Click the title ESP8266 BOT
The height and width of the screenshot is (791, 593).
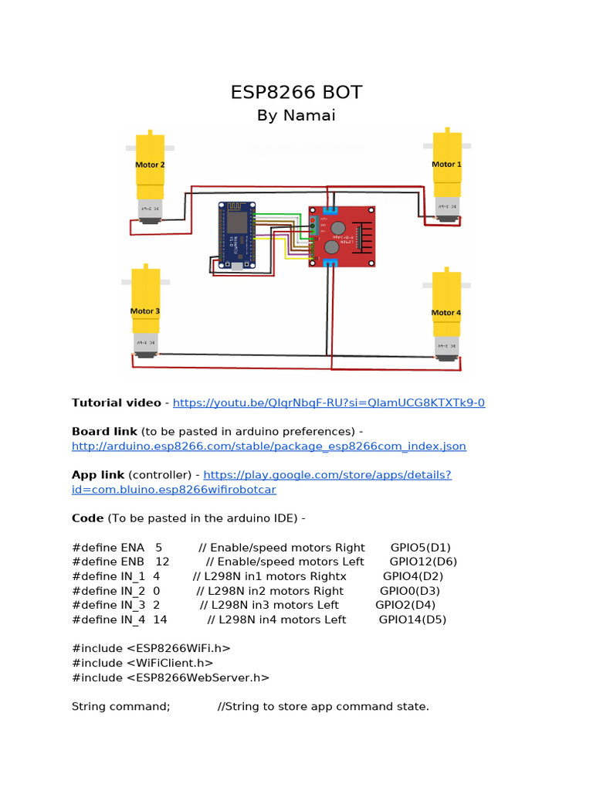click(296, 93)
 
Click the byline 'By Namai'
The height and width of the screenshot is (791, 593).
click(296, 116)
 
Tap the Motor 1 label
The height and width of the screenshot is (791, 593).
click(446, 165)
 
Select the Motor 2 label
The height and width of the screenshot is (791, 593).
click(150, 165)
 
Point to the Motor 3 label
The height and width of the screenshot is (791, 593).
click(145, 311)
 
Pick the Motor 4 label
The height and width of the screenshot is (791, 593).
click(446, 313)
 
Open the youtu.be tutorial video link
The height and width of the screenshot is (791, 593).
click(329, 402)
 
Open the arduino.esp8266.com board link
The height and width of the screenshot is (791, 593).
click(269, 446)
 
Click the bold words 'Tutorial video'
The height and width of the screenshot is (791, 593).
click(117, 402)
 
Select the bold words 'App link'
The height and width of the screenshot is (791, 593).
click(98, 475)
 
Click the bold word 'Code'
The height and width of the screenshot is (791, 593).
click(87, 518)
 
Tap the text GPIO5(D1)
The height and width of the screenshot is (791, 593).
click(420, 547)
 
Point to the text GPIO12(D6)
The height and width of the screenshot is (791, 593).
click(423, 562)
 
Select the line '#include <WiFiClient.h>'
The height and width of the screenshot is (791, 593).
click(142, 663)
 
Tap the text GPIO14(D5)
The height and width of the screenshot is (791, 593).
click(412, 620)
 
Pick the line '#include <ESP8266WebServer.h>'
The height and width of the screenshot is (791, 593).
click(171, 677)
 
